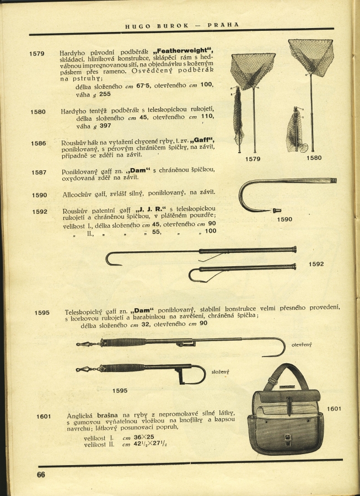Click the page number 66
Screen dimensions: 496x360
click(41, 475)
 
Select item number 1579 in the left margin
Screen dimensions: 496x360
click(37, 53)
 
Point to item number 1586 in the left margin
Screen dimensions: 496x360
click(39, 143)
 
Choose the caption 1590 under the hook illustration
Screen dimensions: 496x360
click(284, 219)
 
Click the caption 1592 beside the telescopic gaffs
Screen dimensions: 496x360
click(316, 264)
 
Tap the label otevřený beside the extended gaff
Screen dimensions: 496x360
click(302, 344)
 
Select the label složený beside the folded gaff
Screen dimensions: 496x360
click(221, 372)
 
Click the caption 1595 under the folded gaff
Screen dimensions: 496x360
click(120, 391)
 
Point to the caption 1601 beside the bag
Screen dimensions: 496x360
click(335, 408)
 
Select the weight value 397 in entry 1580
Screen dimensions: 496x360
click(105, 126)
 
